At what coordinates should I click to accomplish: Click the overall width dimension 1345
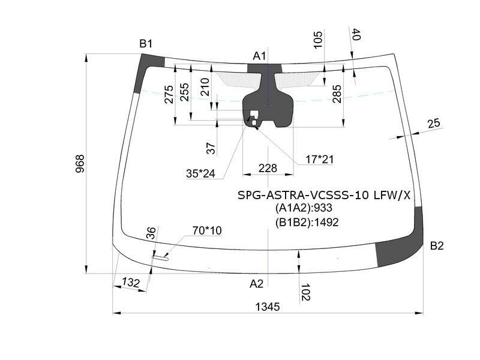268,307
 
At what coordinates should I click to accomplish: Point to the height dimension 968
80,164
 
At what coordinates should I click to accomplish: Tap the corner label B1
146,44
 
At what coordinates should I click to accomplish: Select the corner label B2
437,245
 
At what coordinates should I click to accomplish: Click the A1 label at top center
259,56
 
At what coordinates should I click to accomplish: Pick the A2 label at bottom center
256,284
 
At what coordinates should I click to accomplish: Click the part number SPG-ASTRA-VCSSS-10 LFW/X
324,195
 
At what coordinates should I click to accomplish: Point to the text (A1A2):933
304,208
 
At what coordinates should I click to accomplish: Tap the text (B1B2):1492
307,222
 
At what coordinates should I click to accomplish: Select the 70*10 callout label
207,230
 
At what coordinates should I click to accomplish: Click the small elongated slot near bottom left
160,258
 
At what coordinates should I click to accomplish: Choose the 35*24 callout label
200,173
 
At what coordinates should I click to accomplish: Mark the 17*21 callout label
319,159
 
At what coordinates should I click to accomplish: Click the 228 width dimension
268,168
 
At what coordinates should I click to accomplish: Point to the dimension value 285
337,94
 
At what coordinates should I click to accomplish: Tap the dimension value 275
169,95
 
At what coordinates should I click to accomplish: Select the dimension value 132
130,282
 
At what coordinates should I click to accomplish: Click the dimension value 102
305,292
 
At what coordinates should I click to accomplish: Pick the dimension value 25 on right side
433,123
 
